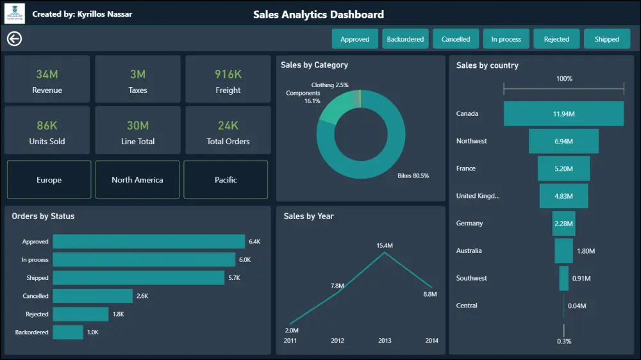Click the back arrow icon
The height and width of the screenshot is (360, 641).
(14, 39)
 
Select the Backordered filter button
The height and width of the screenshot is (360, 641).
(405, 39)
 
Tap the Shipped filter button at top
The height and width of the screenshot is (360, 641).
(606, 39)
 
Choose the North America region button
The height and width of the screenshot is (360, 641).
(137, 180)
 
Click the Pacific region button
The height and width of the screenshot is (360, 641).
(226, 180)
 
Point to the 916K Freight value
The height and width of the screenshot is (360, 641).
(228, 74)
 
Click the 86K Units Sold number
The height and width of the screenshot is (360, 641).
(47, 126)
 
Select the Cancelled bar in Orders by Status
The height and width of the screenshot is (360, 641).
(92, 296)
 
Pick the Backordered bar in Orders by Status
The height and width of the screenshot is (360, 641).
(68, 332)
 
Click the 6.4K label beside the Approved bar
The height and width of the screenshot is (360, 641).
(254, 241)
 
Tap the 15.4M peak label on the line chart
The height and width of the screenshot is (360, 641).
(385, 245)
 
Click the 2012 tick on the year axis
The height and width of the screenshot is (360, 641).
(337, 340)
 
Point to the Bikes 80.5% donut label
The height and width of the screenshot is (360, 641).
(413, 176)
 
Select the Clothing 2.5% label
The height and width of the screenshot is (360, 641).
(330, 85)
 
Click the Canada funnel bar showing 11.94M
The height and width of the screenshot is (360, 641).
(563, 113)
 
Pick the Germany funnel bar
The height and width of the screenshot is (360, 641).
(563, 223)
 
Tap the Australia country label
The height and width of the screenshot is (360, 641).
(469, 250)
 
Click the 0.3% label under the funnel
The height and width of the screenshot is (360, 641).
(564, 341)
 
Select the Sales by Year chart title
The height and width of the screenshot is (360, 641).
(309, 216)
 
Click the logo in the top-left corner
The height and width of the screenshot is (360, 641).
(15, 13)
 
